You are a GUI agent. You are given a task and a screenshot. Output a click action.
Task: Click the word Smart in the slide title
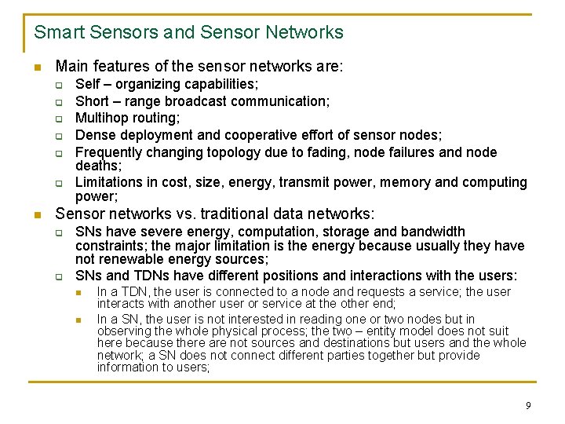56,32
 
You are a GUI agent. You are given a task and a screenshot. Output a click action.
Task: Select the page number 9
528,405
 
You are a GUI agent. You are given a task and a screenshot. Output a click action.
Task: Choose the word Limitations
108,182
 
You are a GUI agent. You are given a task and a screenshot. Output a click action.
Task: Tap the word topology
255,152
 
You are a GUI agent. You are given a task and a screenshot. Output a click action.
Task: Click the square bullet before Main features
38,68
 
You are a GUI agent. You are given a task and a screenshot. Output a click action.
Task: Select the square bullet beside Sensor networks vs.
38,214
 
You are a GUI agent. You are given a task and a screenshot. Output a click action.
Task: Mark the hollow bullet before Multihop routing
58,119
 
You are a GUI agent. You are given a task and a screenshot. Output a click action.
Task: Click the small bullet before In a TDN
78,292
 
